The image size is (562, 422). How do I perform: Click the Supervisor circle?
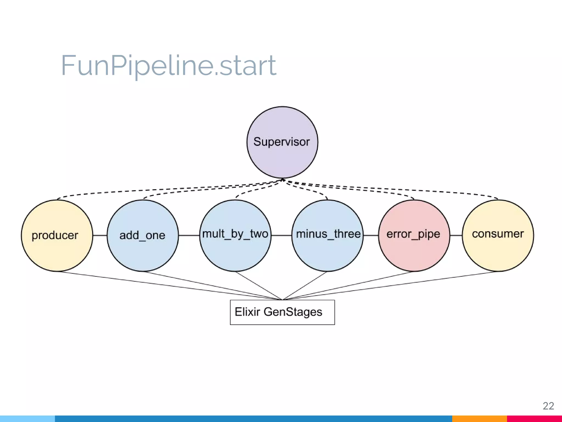click(282, 142)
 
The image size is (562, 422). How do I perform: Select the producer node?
click(57, 235)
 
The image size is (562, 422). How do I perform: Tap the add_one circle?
click(142, 235)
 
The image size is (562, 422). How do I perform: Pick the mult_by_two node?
click(235, 235)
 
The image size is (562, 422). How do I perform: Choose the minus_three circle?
click(327, 235)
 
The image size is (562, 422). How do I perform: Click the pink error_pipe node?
click(414, 235)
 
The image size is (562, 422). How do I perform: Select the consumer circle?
click(498, 235)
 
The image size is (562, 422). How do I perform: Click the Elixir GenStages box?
click(282, 312)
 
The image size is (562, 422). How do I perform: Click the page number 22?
click(548, 406)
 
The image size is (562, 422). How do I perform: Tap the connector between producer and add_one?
click(100, 235)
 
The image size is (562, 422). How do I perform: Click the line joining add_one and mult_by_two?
click(189, 235)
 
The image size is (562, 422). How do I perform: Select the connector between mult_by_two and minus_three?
click(281, 235)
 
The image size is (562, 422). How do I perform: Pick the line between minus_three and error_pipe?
click(371, 235)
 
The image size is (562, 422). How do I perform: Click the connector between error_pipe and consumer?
click(456, 235)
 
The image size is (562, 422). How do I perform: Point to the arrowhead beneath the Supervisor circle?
click(282, 180)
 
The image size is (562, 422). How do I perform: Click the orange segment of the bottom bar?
click(479, 419)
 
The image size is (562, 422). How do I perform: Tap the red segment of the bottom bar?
click(534, 419)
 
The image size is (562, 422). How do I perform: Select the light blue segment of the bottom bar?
click(27, 419)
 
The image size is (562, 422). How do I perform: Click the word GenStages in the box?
click(293, 312)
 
